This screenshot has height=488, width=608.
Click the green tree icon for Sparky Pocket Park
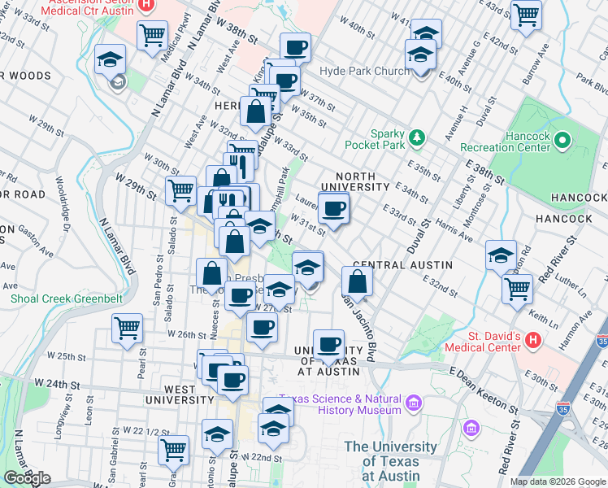pyautogui.click(x=417, y=136)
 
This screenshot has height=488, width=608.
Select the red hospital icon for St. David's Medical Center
pyautogui.click(x=533, y=339)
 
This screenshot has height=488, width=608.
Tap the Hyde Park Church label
pyautogui.click(x=366, y=72)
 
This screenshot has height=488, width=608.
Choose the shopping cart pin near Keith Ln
pyautogui.click(x=517, y=288)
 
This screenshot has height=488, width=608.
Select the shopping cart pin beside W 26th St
pyautogui.click(x=127, y=328)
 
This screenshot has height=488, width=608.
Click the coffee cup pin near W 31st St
pyautogui.click(x=333, y=209)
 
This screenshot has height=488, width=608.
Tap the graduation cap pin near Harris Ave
pyautogui.click(x=501, y=255)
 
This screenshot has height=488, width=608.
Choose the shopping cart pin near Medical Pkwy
pyautogui.click(x=152, y=35)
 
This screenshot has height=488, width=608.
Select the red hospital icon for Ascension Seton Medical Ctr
pyautogui.click(x=146, y=5)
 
